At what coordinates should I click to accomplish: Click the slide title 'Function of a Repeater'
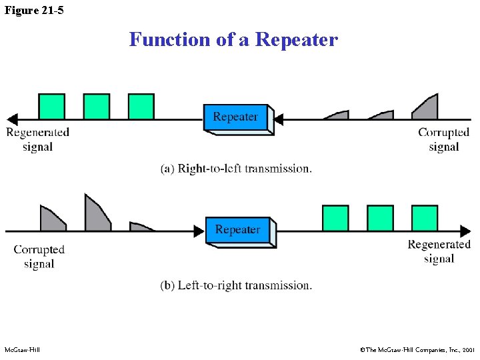pos(233,39)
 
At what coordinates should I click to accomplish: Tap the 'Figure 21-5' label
pos(34,10)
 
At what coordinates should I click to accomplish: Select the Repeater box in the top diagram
pos(237,118)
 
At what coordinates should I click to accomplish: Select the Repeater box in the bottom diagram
pos(239,231)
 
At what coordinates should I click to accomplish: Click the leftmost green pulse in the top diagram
pos(52,107)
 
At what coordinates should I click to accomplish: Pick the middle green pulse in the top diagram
pos(97,107)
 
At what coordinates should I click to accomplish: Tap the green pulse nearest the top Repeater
pos(141,107)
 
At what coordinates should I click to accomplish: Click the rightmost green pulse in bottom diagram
pos(425,218)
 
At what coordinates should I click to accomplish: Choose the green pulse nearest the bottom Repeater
pos(335,218)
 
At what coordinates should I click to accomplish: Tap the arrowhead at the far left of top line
pos(11,120)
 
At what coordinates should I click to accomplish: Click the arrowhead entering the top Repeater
pos(279,120)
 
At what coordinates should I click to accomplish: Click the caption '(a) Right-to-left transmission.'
pos(236,169)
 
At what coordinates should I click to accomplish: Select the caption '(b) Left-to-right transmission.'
pos(236,285)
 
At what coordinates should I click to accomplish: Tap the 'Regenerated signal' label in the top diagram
pos(37,139)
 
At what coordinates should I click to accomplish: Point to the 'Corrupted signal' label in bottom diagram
pos(39,257)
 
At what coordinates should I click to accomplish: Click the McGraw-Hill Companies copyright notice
pos(416,349)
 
